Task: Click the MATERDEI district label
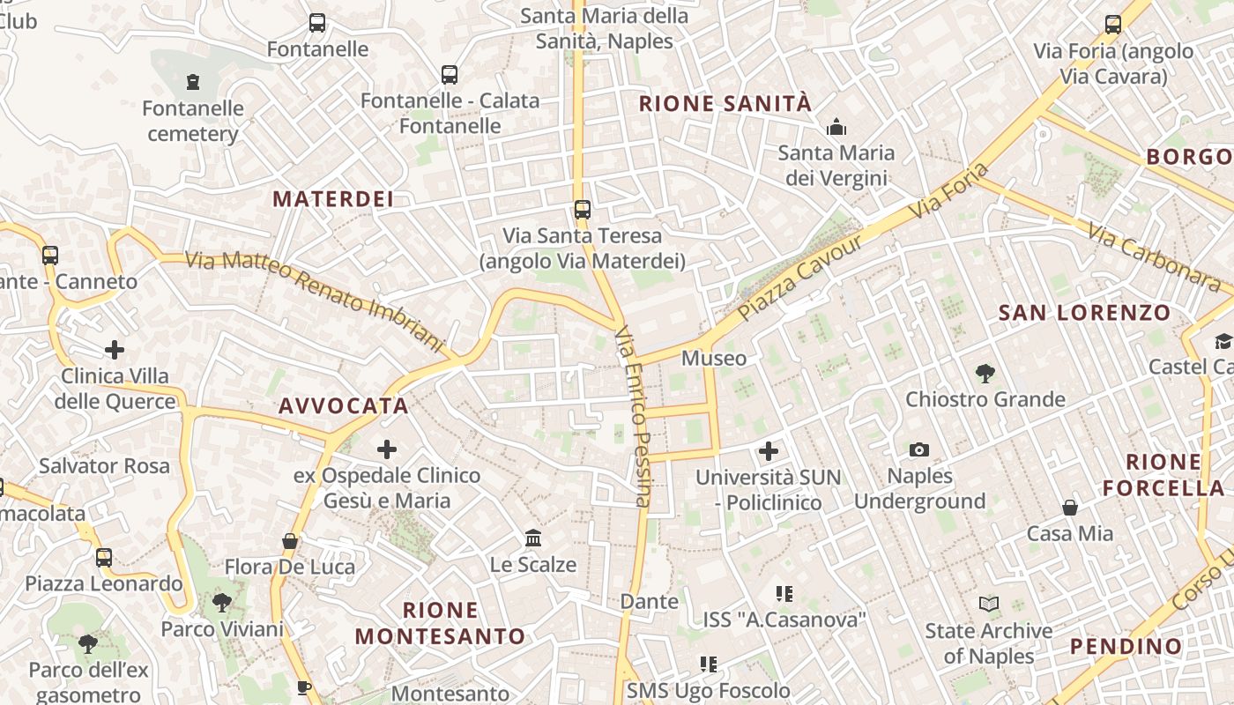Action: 332,199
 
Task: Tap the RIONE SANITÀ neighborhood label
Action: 725,104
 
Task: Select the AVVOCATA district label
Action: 344,406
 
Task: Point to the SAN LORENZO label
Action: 1084,313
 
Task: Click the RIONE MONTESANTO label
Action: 440,623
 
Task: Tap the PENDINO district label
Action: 1126,647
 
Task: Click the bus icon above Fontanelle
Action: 317,24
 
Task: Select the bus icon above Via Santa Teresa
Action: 582,210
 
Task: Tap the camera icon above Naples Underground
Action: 919,450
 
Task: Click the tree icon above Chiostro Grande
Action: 985,374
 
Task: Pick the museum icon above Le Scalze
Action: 532,538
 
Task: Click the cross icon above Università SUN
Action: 769,452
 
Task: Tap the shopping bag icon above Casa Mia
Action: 1069,508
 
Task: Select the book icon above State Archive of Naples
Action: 989,605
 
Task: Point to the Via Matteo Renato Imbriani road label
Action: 313,300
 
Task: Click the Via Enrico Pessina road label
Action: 632,416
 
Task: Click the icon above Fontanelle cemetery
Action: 193,83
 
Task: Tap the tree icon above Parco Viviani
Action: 222,604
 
